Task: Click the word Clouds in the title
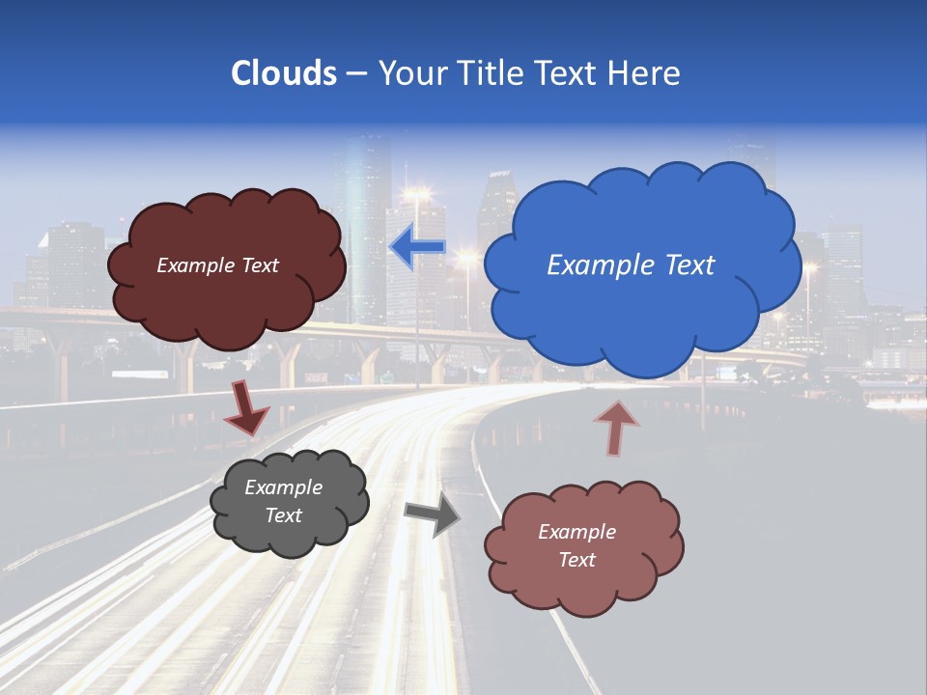pos(283,73)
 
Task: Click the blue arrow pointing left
pos(417,248)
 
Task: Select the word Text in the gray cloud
pos(284,515)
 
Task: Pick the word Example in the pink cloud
pos(576,532)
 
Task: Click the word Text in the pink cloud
pos(576,560)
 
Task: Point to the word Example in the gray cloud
pos(284,487)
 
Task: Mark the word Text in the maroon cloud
pos(260,265)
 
